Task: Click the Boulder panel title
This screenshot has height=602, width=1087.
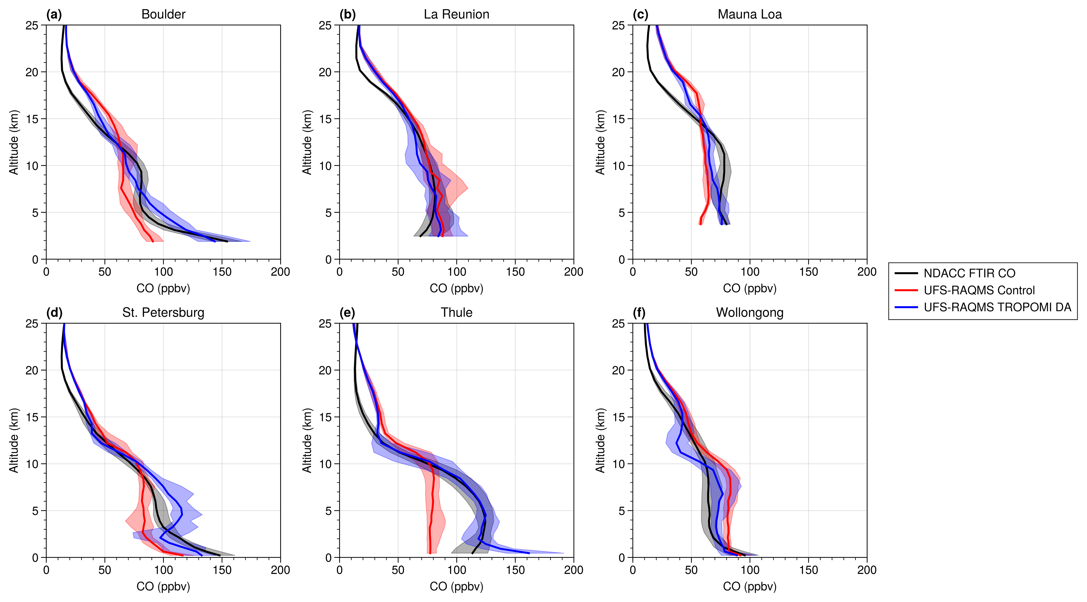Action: (163, 14)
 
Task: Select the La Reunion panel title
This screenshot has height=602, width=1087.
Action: (457, 14)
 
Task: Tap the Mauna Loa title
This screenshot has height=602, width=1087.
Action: (749, 14)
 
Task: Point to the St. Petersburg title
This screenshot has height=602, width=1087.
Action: (163, 313)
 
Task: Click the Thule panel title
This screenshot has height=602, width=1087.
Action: (457, 313)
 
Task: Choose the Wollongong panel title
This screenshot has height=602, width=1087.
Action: (749, 313)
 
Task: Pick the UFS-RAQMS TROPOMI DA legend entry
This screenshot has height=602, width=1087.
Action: (997, 307)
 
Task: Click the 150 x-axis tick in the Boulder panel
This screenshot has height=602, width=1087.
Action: (222, 272)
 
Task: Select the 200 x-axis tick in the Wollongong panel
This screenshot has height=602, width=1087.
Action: (867, 570)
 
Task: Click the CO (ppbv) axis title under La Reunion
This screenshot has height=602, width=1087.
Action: (457, 289)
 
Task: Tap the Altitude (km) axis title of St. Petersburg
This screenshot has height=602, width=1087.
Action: (14, 440)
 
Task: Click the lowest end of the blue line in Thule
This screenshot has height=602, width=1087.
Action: (529, 553)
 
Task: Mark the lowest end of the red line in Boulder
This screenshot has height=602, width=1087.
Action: (153, 241)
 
